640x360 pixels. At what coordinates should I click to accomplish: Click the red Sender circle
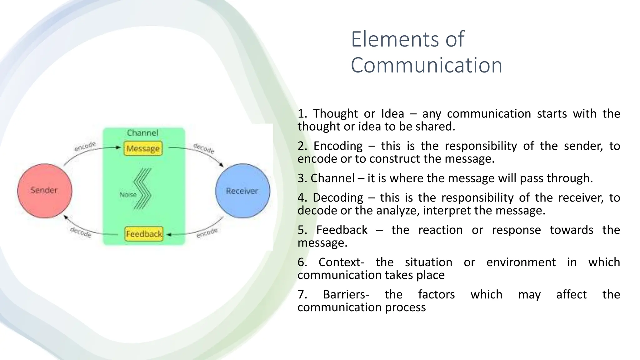click(x=44, y=191)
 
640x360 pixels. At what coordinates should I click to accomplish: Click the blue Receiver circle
click(x=242, y=191)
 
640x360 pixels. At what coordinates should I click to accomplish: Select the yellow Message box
click(x=143, y=148)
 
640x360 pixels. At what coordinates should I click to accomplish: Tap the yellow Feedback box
click(x=144, y=234)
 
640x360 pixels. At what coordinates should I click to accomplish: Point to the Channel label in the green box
click(x=142, y=133)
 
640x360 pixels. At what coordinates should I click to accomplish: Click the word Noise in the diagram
click(x=128, y=195)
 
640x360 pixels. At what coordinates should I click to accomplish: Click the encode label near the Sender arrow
click(x=85, y=146)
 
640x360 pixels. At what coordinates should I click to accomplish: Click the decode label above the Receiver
click(x=204, y=148)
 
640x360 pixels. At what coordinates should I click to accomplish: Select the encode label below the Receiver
click(x=207, y=233)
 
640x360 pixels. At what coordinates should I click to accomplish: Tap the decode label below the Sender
click(x=81, y=232)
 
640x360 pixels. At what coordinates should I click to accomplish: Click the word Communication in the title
click(x=427, y=65)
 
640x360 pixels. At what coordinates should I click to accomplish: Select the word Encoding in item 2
click(x=338, y=146)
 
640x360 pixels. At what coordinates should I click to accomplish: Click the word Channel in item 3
click(x=332, y=178)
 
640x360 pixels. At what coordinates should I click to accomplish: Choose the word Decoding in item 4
click(x=338, y=197)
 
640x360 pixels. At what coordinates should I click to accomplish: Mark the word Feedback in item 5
click(x=342, y=230)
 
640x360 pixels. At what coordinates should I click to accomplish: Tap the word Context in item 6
click(x=341, y=262)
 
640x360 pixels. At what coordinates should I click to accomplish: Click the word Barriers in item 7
click(x=346, y=294)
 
